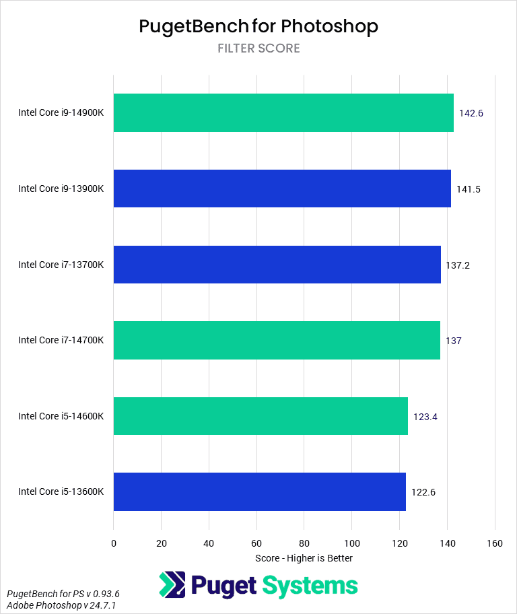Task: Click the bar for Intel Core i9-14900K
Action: click(x=283, y=112)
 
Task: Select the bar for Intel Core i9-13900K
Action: click(x=281, y=189)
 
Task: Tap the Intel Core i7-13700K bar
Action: click(x=277, y=265)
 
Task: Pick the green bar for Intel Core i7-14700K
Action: click(x=276, y=340)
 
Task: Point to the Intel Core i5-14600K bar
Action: click(x=261, y=416)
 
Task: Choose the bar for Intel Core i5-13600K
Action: click(x=259, y=491)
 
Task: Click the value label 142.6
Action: click(x=471, y=113)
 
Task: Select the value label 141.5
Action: click(x=468, y=189)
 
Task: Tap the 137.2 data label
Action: click(x=458, y=265)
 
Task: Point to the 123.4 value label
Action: click(x=425, y=417)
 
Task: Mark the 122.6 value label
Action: click(x=423, y=492)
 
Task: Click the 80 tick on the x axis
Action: click(x=304, y=543)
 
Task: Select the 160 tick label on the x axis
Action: click(x=495, y=543)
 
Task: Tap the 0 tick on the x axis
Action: click(x=114, y=543)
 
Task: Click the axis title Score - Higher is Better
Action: click(x=304, y=558)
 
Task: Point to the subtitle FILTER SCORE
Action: click(x=258, y=48)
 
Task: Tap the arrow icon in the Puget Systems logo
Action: click(x=172, y=585)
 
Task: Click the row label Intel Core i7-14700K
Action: click(x=61, y=340)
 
